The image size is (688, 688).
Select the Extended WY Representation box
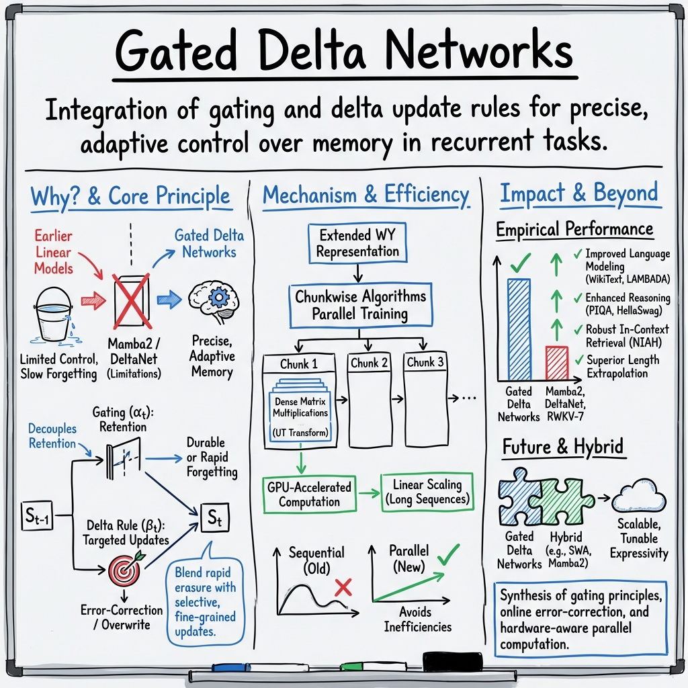tap(357, 243)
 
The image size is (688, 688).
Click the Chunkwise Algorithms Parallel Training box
tap(360, 306)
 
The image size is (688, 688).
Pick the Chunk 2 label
tap(369, 363)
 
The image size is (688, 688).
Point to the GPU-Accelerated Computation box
tap(309, 494)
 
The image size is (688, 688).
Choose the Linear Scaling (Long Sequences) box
tap(427, 491)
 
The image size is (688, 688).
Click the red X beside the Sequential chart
tap(343, 587)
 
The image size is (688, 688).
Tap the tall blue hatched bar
tap(519, 329)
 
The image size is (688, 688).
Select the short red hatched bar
tap(557, 363)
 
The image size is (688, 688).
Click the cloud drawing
tap(639, 497)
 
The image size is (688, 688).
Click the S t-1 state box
tap(37, 515)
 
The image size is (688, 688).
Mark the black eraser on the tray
tap(452, 662)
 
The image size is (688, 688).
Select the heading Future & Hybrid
tap(563, 447)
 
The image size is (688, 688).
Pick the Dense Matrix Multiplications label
tap(300, 407)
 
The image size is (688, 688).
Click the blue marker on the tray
tap(231, 668)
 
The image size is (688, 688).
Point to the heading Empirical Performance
tap(575, 229)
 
